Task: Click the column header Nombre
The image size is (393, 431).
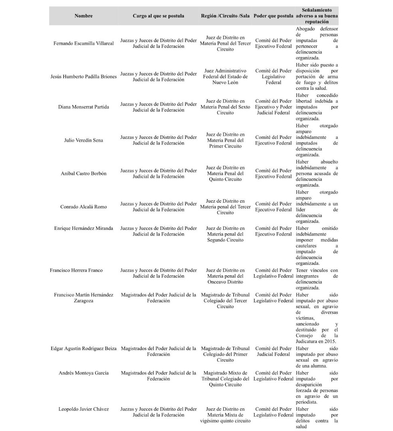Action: coord(83,16)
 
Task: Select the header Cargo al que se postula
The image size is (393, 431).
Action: coord(159,16)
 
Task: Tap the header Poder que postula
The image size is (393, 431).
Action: coord(273,16)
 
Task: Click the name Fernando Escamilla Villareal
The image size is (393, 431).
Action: coord(83,43)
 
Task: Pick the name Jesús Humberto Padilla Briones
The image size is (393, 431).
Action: coord(83,77)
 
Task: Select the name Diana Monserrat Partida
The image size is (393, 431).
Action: coord(83,107)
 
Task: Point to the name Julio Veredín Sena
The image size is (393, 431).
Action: coord(83,140)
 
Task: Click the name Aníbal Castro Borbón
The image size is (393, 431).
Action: coord(83,174)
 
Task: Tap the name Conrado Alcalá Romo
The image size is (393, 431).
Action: coord(83,207)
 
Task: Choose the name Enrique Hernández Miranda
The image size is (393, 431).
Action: coord(83,228)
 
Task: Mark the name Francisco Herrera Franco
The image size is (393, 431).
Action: coord(76,270)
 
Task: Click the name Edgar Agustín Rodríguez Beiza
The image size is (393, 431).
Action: coord(83,348)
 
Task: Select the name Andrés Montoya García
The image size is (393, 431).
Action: coord(83,373)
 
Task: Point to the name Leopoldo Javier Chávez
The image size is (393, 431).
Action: coord(83,409)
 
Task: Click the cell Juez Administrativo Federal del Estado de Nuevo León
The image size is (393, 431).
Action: coord(226,77)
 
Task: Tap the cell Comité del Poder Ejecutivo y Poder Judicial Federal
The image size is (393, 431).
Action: coord(274,107)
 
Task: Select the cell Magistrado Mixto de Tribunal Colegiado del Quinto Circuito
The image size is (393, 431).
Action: coord(226,379)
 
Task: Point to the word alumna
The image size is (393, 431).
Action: coord(319,366)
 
